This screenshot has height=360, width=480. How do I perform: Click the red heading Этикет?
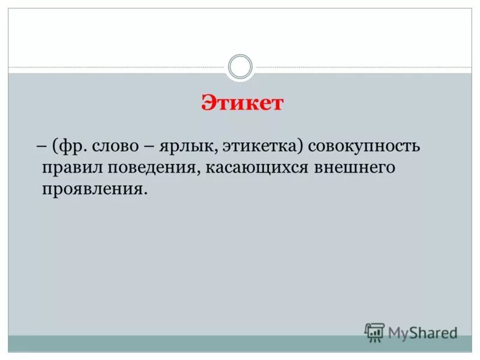tap(241, 103)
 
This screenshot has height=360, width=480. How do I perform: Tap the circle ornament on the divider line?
tap(241, 67)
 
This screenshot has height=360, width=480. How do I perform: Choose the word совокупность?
tap(360, 146)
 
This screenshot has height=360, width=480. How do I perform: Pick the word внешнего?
tap(353, 167)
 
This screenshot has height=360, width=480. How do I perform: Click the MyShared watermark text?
tap(422, 331)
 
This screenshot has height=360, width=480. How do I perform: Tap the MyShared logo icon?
tap(374, 332)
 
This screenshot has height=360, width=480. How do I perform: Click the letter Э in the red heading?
tap(207, 103)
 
